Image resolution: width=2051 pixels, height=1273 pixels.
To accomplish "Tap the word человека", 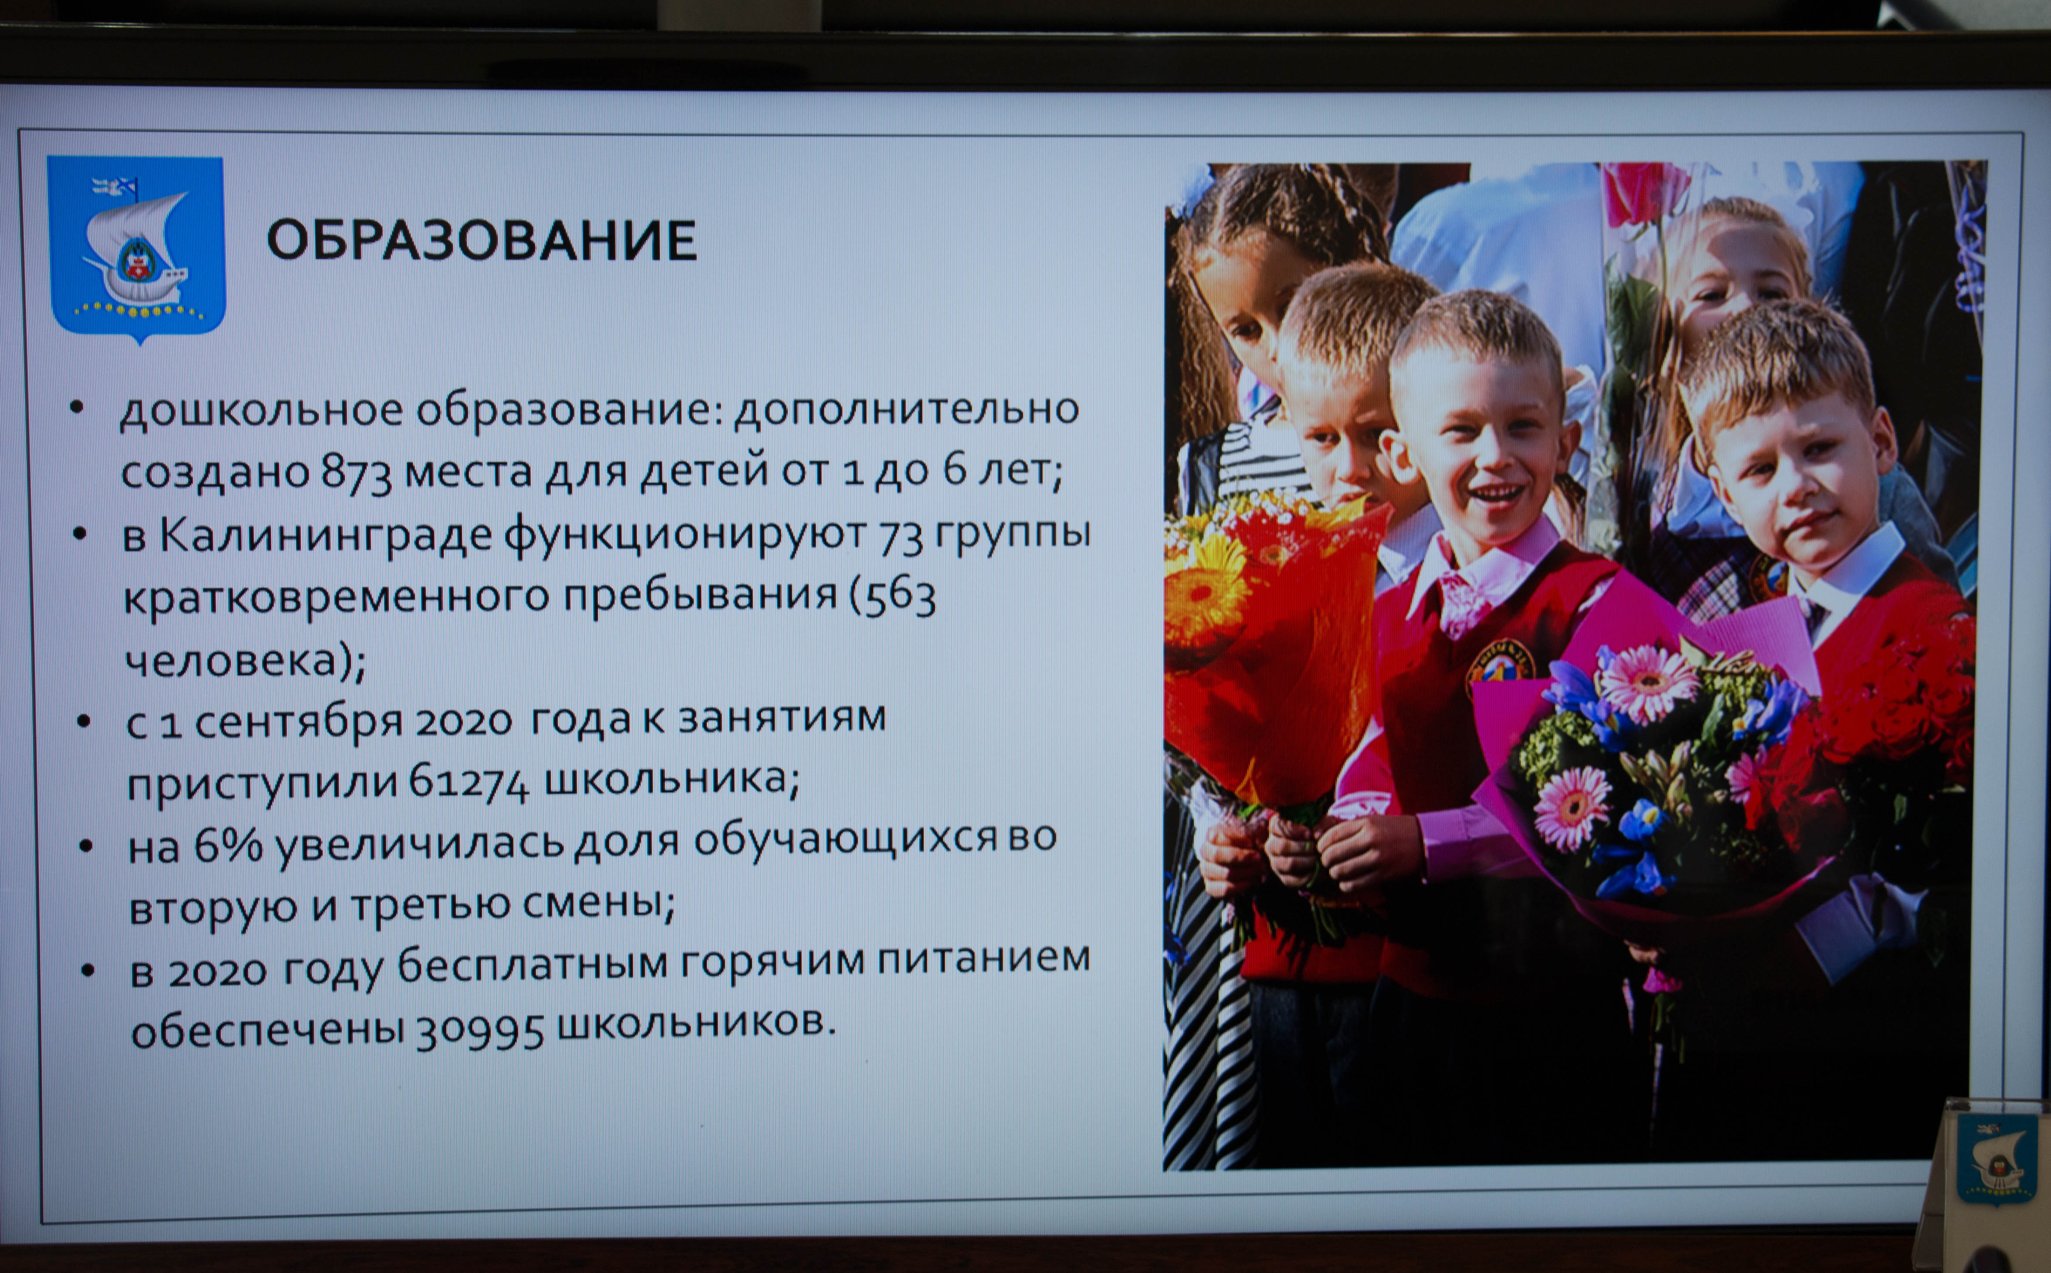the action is tap(231, 661).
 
